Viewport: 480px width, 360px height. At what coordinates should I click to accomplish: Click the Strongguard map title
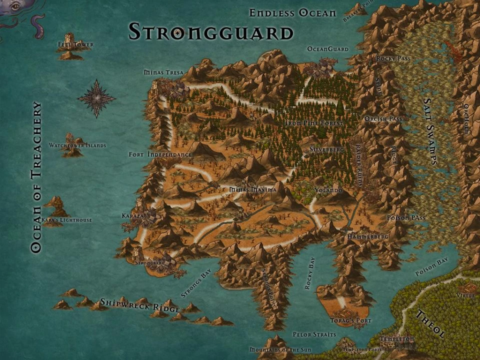pyautogui.click(x=210, y=32)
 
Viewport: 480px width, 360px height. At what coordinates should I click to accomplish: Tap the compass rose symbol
pyautogui.click(x=96, y=98)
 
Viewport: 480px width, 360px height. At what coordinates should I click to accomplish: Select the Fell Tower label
pyautogui.click(x=76, y=44)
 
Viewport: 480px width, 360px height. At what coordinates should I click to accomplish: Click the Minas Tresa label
pyautogui.click(x=163, y=72)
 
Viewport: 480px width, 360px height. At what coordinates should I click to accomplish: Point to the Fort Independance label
pyautogui.click(x=160, y=154)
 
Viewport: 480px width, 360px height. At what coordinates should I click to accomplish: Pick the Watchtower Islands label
pyautogui.click(x=77, y=145)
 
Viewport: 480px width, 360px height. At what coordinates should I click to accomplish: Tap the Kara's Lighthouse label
pyautogui.click(x=67, y=220)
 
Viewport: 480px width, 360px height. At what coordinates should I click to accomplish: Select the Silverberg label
pyautogui.click(x=326, y=149)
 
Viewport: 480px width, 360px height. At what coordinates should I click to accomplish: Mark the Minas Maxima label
pyautogui.click(x=252, y=190)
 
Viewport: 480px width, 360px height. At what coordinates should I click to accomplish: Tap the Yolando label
pyautogui.click(x=328, y=190)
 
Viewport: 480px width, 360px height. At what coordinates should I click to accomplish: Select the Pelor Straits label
pyautogui.click(x=314, y=333)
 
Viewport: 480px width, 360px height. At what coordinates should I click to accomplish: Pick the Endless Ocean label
pyautogui.click(x=292, y=13)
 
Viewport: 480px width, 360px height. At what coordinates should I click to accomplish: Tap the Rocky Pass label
pyautogui.click(x=393, y=58)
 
